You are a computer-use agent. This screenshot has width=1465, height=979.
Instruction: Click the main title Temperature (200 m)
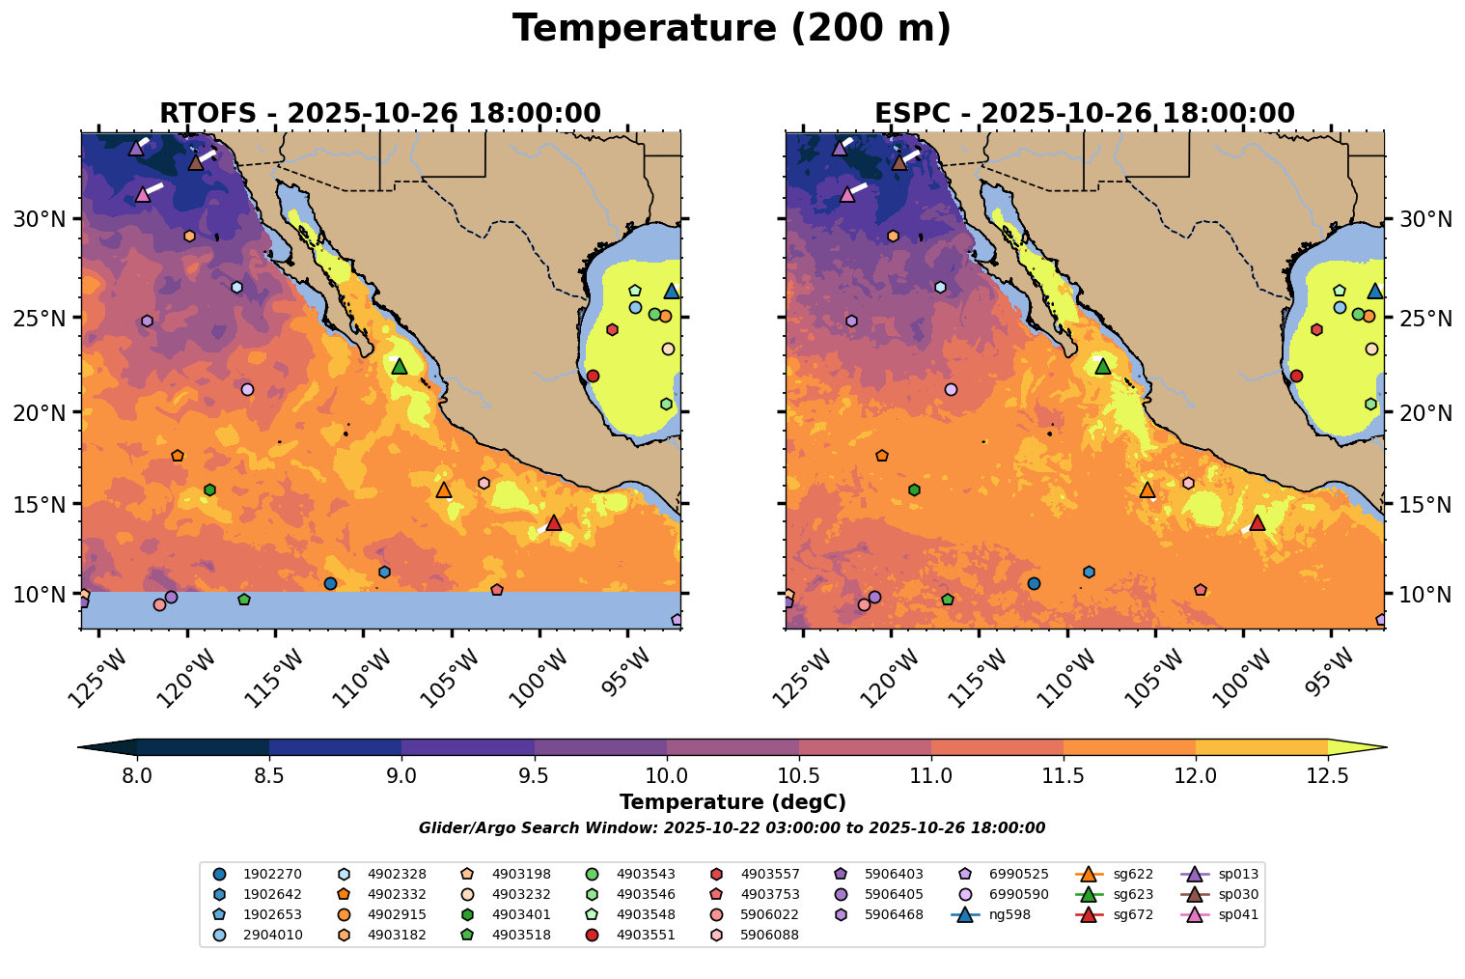[x=732, y=29]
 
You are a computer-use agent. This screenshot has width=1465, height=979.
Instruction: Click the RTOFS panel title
[x=380, y=114]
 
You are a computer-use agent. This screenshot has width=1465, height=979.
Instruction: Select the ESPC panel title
[x=1084, y=114]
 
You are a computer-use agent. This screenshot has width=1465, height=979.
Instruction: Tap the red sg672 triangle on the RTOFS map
[x=554, y=523]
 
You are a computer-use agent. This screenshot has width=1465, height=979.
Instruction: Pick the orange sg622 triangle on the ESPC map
[x=1147, y=490]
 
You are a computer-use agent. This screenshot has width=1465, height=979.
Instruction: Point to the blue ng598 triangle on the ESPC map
[x=1375, y=292]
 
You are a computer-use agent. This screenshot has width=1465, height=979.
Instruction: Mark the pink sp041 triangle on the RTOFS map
[x=143, y=195]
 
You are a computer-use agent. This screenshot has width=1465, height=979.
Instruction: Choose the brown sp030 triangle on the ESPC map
[x=899, y=163]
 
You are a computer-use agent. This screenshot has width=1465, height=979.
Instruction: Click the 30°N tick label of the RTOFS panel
[x=40, y=219]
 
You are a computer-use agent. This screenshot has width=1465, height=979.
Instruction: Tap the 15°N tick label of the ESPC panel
[x=1425, y=505]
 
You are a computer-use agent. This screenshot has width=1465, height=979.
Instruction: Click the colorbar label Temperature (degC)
[x=732, y=802]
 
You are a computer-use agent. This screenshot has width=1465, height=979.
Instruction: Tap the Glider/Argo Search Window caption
[x=732, y=828]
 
